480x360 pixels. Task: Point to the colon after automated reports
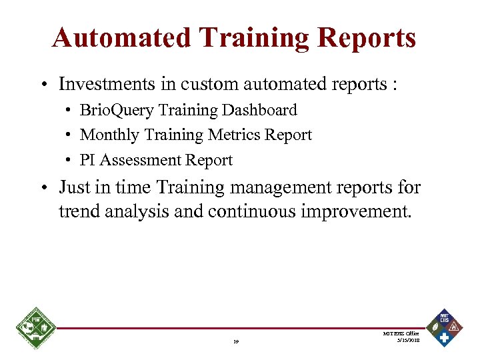coord(396,85)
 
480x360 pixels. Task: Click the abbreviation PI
coord(87,161)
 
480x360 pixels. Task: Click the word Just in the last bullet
coord(75,187)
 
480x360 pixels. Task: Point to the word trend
coord(79,213)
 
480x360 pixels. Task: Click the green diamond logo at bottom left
coord(35,329)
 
